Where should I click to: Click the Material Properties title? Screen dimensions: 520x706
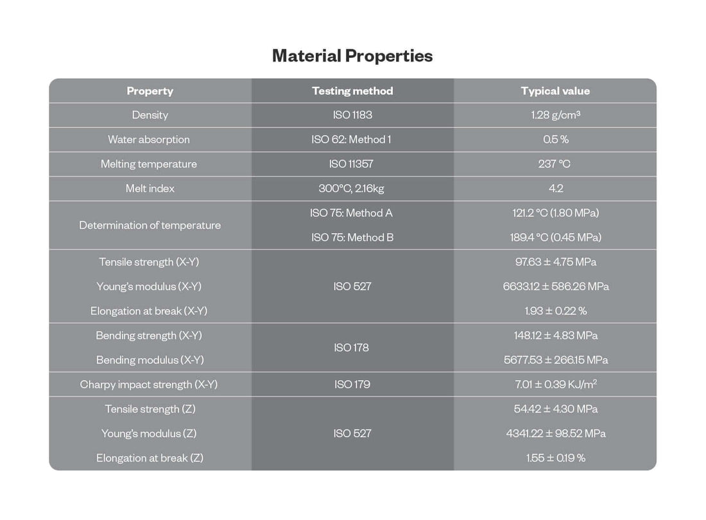click(x=352, y=56)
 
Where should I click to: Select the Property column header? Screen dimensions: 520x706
click(x=150, y=91)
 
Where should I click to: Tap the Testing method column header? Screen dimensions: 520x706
click(x=352, y=91)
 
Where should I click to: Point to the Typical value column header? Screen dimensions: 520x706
click(x=555, y=91)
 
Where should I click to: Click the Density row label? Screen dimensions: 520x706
click(x=150, y=115)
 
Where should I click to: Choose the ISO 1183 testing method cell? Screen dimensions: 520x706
click(x=352, y=115)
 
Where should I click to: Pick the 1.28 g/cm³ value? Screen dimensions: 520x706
click(x=555, y=115)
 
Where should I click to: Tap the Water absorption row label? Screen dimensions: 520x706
click(x=149, y=139)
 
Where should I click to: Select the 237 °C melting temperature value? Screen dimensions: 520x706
click(x=555, y=164)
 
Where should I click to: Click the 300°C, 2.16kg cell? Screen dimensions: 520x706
click(x=352, y=188)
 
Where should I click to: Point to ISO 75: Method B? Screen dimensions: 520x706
click(x=352, y=238)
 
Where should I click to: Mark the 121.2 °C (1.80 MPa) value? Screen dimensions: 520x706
click(x=555, y=213)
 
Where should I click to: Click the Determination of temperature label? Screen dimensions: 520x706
click(x=150, y=225)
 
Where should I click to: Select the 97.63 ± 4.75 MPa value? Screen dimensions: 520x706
click(x=555, y=262)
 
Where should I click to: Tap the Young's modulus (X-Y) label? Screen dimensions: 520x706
click(x=149, y=286)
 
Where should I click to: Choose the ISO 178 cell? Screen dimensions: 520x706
click(x=352, y=348)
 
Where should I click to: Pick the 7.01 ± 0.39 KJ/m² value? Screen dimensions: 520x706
click(x=555, y=385)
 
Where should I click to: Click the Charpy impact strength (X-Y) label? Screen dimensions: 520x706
click(x=149, y=385)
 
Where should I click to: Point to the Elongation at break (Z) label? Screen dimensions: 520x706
click(x=150, y=458)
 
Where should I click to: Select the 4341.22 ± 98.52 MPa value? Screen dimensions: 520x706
click(x=555, y=433)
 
